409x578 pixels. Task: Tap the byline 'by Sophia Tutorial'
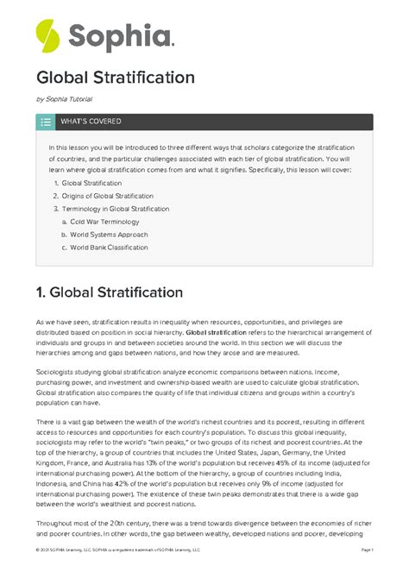pyautogui.click(x=65, y=101)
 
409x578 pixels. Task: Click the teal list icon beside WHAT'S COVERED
pyautogui.click(x=46, y=123)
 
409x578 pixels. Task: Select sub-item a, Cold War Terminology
pyautogui.click(x=109, y=222)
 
